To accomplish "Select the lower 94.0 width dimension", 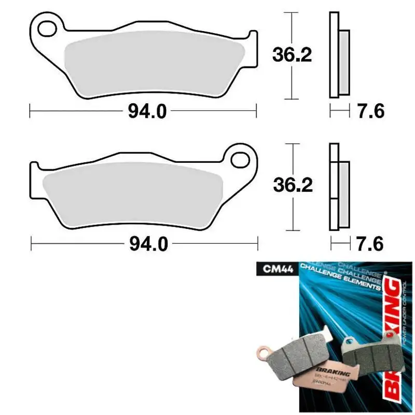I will [148, 244].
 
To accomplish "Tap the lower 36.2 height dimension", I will [293, 187].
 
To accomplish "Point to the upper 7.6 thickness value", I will [370, 111].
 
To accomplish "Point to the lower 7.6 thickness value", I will [370, 244].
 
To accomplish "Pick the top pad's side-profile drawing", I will [339, 54].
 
